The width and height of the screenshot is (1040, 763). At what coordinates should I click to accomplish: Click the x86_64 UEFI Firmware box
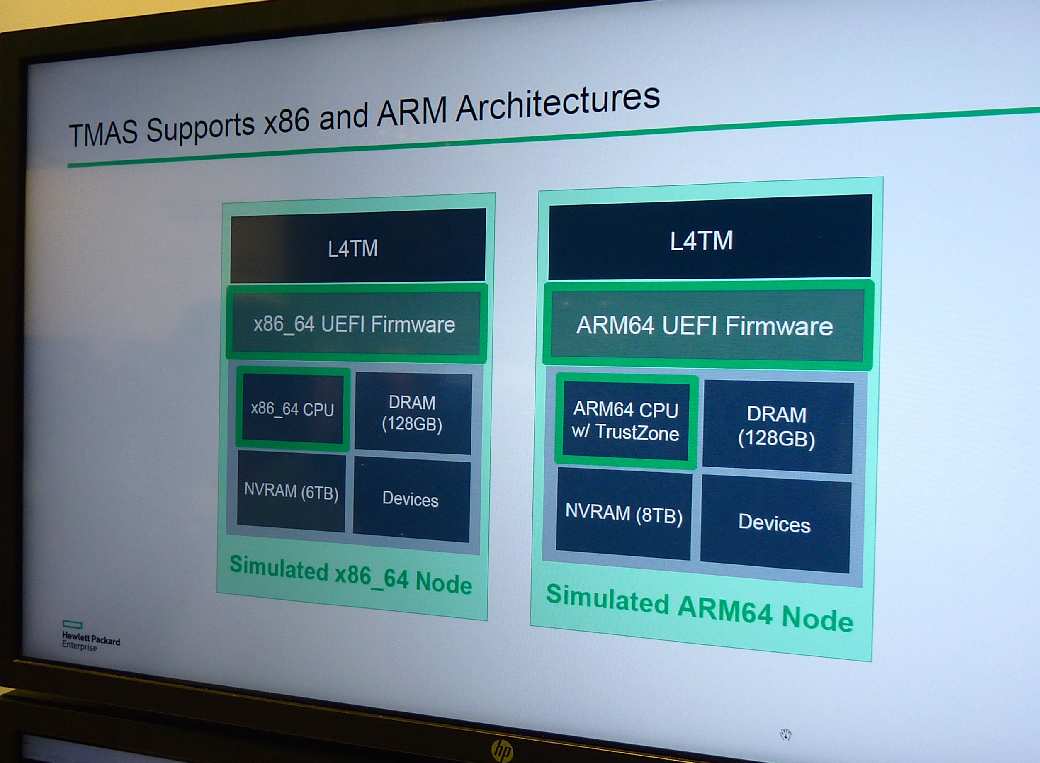(355, 324)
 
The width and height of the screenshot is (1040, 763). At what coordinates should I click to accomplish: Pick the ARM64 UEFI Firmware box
(705, 326)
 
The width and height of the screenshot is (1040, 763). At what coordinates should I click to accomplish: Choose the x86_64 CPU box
(292, 409)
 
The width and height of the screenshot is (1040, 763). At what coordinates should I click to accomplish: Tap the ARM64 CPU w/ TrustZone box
(626, 421)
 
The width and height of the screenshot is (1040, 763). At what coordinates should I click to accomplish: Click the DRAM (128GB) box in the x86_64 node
(413, 413)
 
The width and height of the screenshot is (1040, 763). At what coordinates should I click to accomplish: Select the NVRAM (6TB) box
(291, 491)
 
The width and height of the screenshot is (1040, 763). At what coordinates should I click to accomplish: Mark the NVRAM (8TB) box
(623, 514)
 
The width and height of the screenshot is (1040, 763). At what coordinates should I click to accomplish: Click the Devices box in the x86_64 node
(411, 500)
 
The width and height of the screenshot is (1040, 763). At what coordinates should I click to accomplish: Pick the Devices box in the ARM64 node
(775, 523)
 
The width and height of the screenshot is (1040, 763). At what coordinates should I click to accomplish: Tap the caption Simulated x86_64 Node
(350, 575)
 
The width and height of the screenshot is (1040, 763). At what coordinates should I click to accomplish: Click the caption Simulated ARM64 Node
(699, 607)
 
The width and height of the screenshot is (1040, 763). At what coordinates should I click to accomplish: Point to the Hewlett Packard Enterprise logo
(90, 637)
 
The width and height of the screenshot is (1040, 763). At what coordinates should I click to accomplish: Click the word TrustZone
(637, 433)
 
